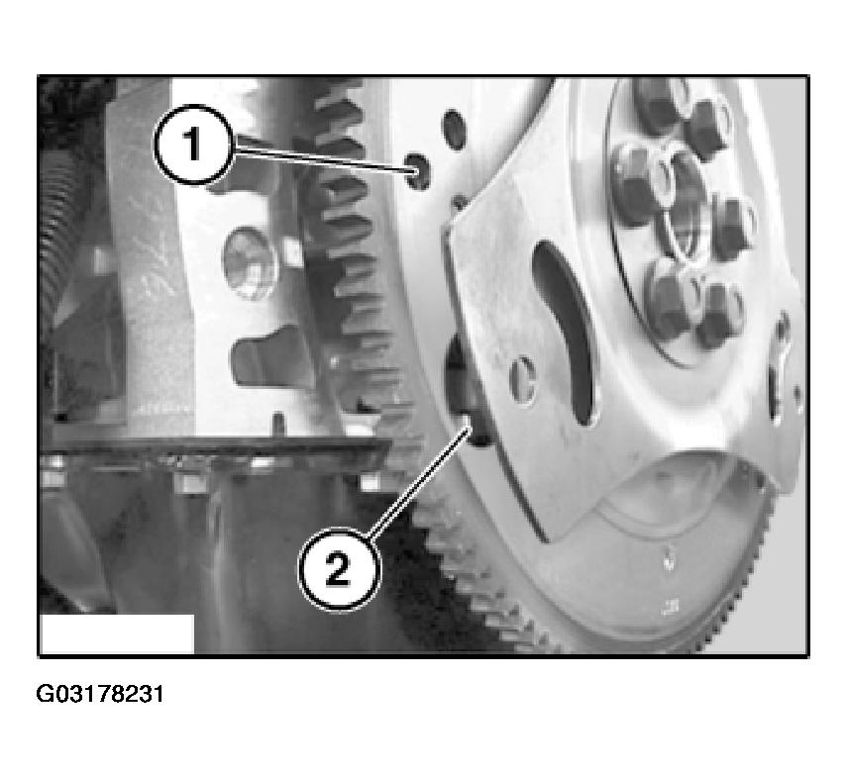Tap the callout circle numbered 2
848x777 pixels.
click(x=339, y=569)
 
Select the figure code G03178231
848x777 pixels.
click(x=99, y=694)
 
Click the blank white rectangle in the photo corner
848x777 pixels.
click(x=117, y=633)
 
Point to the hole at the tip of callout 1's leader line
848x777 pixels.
click(x=419, y=171)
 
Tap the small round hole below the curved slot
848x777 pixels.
click(x=523, y=379)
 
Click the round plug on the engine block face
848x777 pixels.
click(x=250, y=263)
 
